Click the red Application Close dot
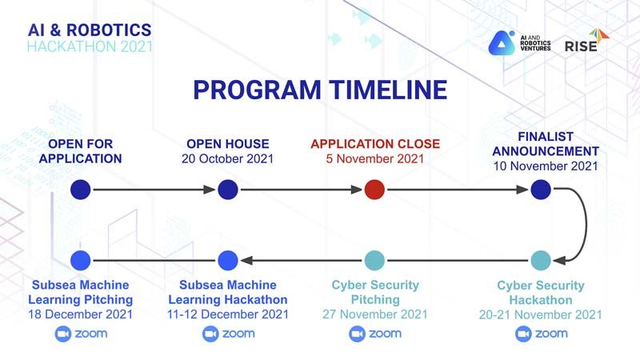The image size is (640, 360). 374,190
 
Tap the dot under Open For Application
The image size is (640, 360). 81,190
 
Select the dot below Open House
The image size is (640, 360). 228,190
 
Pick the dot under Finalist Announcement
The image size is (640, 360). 541,190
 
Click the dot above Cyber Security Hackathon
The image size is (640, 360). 541,261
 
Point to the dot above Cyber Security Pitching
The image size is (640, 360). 374,261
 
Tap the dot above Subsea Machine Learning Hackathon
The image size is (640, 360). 228,261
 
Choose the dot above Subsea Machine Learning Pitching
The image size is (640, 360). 81,261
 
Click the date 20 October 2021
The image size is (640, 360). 228,158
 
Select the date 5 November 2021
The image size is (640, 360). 374,158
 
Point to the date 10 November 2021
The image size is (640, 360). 546,166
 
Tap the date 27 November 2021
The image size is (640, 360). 374,314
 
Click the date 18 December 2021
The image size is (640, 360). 81,314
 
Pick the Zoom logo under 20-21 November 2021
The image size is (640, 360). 542,334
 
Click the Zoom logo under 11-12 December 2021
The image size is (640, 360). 228,334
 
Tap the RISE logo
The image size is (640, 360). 586,41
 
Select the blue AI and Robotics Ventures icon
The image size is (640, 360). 502,43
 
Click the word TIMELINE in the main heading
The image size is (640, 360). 388,90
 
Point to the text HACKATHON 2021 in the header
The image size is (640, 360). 90,46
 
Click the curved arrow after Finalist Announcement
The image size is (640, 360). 586,224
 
